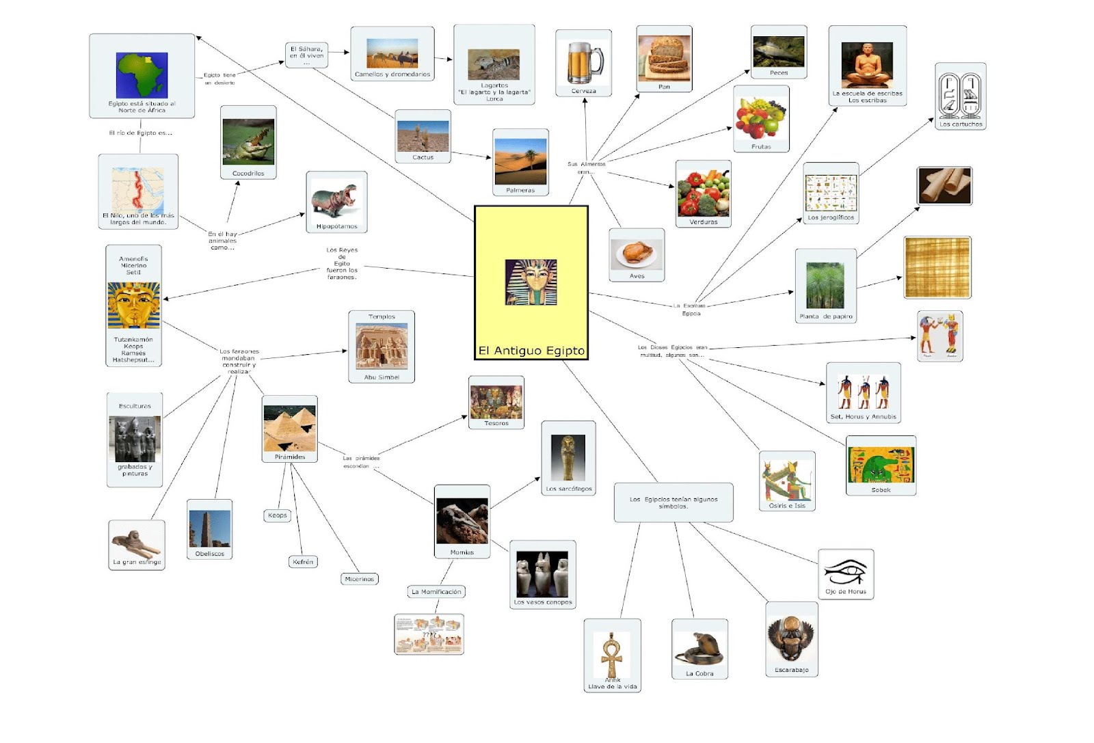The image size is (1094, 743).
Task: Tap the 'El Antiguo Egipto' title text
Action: click(x=531, y=351)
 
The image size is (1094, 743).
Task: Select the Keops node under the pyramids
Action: click(x=278, y=515)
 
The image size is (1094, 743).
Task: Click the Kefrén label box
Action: click(x=303, y=562)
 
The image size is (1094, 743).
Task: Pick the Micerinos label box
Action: click(x=360, y=579)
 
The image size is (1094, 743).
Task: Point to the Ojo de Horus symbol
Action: click(x=845, y=570)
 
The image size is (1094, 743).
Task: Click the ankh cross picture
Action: click(x=612, y=654)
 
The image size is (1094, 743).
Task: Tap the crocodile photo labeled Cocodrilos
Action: click(x=248, y=141)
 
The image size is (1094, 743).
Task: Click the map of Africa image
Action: click(x=142, y=75)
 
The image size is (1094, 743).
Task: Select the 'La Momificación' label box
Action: click(x=436, y=592)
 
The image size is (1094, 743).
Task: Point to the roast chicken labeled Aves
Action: click(x=637, y=254)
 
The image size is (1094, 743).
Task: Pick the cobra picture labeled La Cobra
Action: click(x=699, y=647)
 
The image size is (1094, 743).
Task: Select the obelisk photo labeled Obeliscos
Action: click(x=210, y=528)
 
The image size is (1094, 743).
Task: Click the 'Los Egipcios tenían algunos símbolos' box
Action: click(x=673, y=502)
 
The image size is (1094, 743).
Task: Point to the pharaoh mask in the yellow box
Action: click(x=531, y=282)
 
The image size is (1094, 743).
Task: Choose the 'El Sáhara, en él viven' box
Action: click(x=306, y=54)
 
